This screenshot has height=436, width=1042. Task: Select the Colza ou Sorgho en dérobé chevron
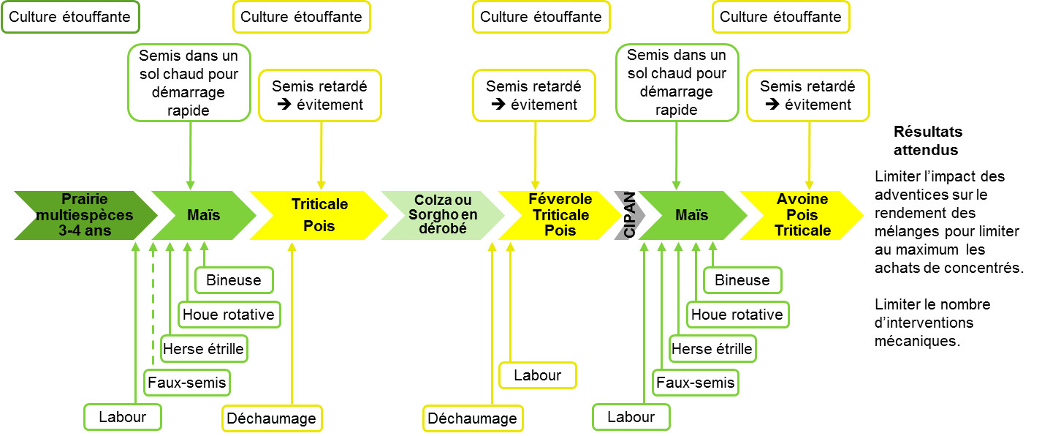point(442,215)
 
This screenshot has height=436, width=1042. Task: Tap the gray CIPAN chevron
point(629,215)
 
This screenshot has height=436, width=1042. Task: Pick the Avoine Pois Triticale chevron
point(802,215)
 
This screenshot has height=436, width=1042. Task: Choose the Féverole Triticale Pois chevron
point(560,215)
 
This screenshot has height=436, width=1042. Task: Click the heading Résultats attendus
point(927,140)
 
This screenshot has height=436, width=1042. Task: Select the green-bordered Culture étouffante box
point(70,18)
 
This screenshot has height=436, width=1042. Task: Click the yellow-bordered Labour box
point(537,375)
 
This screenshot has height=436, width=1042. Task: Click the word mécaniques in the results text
point(917,342)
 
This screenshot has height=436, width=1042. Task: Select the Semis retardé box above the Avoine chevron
point(808,96)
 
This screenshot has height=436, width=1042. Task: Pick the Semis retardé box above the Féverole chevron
point(534,96)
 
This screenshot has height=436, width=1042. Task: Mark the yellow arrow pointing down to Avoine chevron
point(810,156)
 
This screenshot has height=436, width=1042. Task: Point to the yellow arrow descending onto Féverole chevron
point(536,156)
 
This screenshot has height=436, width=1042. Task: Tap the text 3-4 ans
point(85,230)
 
